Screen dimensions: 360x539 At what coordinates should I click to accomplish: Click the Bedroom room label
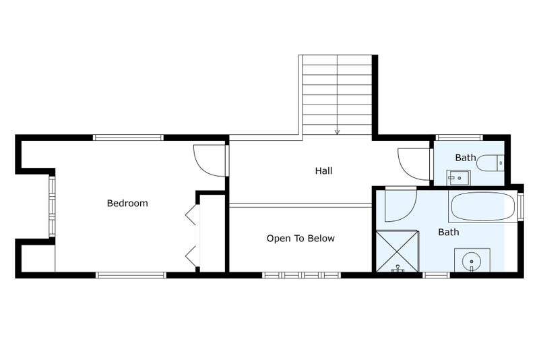[127, 203]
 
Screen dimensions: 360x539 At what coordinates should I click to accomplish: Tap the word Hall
[323, 171]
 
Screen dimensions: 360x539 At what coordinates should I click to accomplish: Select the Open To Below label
[300, 238]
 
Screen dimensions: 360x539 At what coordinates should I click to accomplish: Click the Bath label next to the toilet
[465, 158]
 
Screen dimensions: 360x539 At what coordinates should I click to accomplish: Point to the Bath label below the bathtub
[449, 232]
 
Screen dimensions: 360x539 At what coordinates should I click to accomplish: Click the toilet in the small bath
[490, 162]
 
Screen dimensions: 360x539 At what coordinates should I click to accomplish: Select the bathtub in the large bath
[482, 207]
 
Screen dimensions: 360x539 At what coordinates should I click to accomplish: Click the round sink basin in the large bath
[472, 260]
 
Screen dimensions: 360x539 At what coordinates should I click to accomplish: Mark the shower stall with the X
[398, 251]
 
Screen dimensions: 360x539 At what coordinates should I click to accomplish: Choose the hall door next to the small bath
[412, 163]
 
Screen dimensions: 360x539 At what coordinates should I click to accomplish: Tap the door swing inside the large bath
[400, 205]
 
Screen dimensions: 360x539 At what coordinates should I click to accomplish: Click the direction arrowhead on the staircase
[337, 132]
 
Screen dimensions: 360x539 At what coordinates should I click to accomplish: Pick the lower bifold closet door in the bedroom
[191, 254]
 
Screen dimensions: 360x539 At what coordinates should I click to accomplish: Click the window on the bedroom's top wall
[128, 138]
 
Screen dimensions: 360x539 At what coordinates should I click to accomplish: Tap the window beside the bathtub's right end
[520, 206]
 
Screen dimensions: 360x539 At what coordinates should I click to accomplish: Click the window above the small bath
[459, 138]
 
